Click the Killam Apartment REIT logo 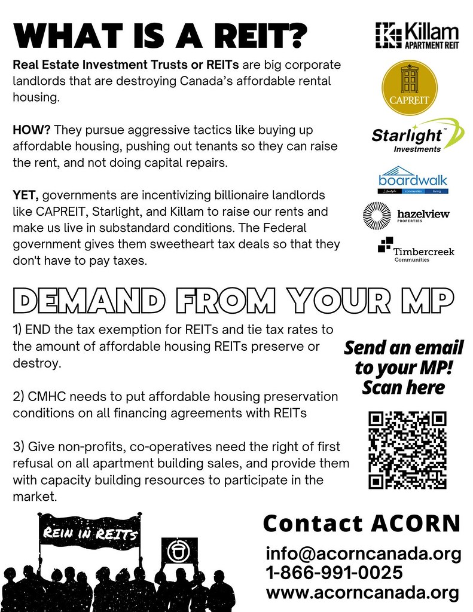(417, 35)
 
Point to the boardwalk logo (413, 180)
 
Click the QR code (407, 449)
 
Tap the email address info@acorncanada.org (364, 554)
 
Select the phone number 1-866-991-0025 (334, 573)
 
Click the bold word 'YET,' (26, 196)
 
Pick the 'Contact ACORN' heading (362, 524)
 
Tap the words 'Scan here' (404, 387)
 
